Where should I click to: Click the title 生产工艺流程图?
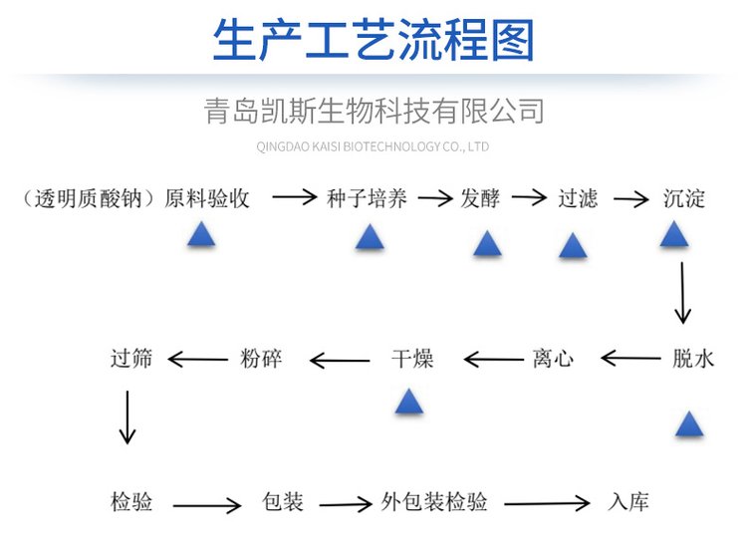373,41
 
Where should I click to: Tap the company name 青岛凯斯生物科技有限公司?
373,110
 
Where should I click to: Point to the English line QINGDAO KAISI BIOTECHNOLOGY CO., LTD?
373,146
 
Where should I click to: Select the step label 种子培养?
367,197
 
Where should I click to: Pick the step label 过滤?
578,197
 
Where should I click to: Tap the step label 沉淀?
684,197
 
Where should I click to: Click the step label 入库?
627,501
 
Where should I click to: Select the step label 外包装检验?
435,501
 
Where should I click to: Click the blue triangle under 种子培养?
370,237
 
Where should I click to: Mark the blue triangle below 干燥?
408,402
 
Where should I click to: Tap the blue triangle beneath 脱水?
689,424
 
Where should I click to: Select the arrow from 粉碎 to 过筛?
202,359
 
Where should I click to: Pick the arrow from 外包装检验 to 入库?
543,504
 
